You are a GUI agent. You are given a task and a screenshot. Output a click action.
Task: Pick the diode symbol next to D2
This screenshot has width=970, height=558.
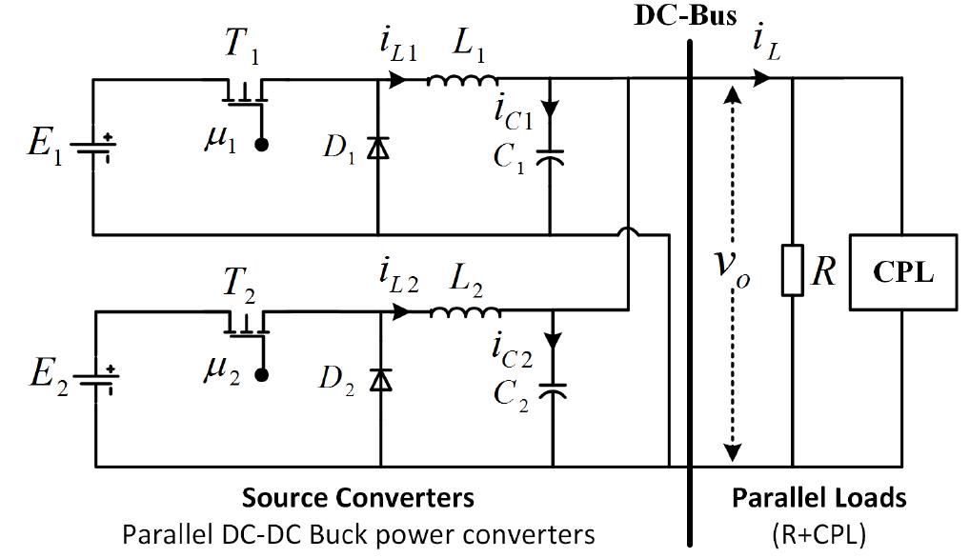point(380,380)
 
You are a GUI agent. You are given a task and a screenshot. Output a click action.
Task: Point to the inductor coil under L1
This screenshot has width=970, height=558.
point(461,81)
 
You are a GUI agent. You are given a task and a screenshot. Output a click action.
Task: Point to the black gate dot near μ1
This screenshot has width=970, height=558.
point(260,145)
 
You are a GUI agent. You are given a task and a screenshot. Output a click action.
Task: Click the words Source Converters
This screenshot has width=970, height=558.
point(357,497)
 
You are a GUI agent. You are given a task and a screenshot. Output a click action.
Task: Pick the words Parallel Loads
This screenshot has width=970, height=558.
point(818,497)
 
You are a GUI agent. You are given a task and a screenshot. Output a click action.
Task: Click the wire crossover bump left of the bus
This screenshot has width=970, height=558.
point(628,231)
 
